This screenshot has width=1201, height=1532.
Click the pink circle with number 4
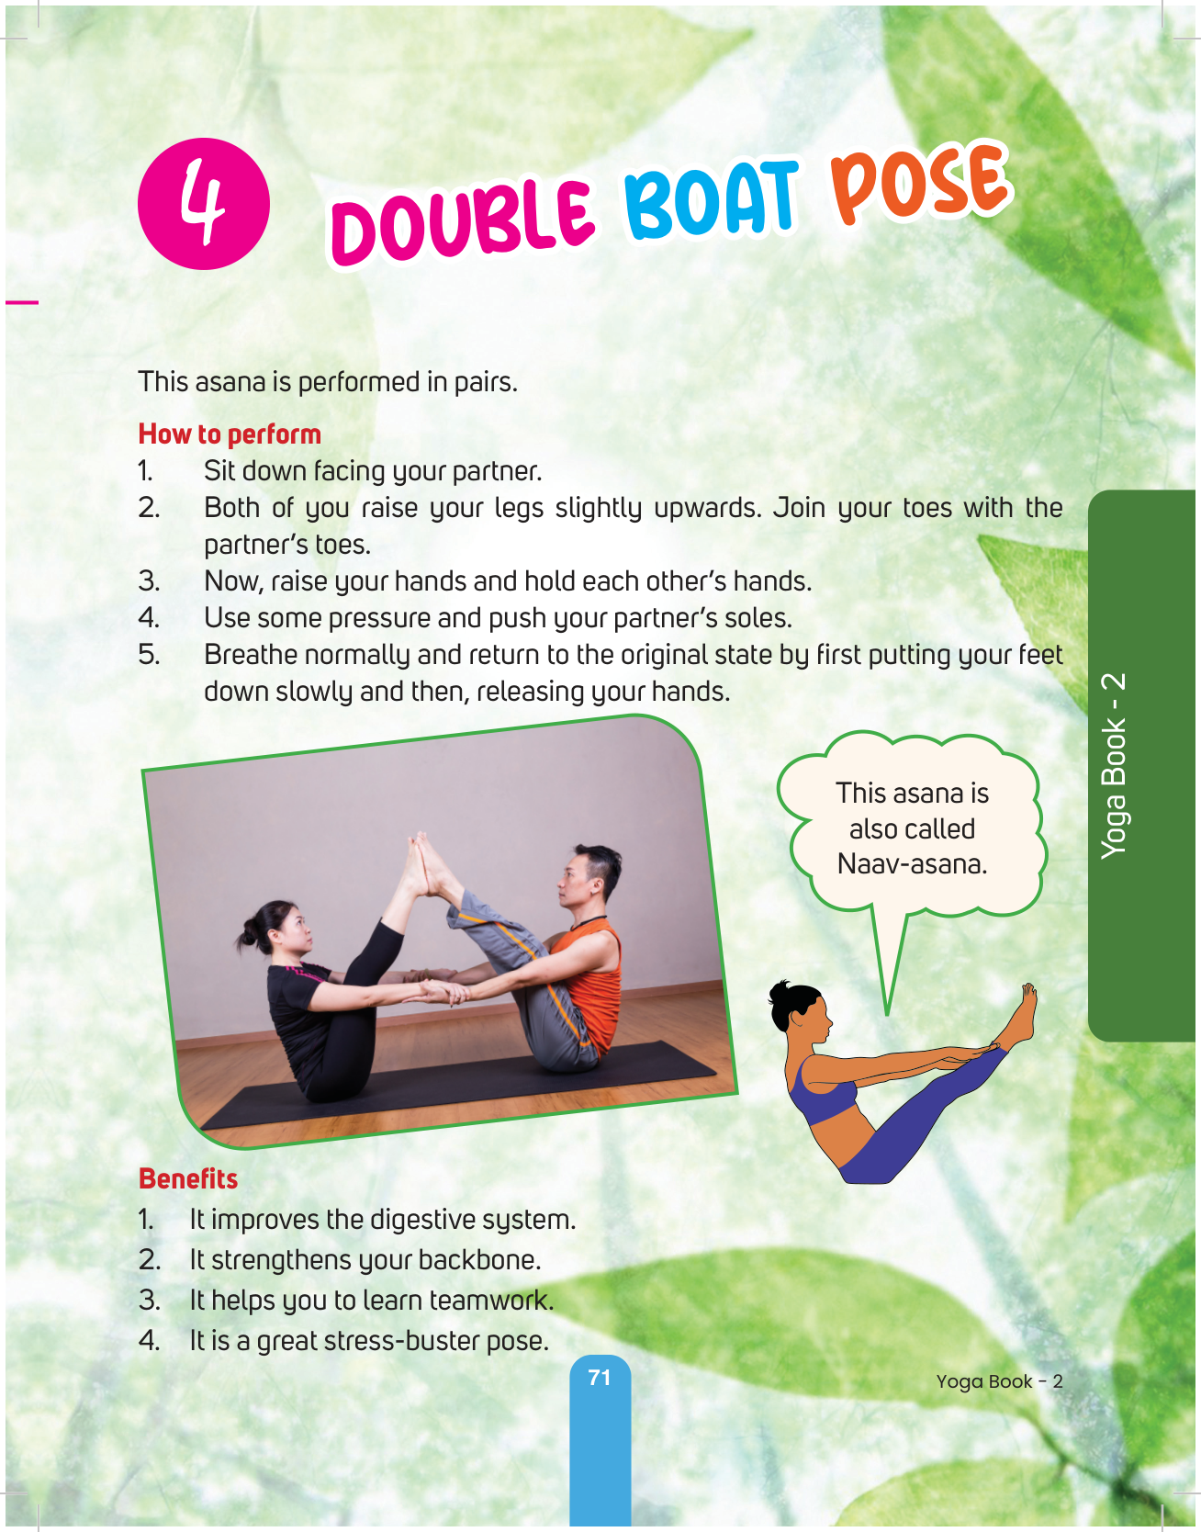[x=204, y=204]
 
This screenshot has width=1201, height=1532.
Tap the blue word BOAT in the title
[x=711, y=199]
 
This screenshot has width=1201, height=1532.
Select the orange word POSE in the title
[x=921, y=185]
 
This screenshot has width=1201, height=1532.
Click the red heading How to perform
[x=230, y=434]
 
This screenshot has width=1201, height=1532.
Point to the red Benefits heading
[x=188, y=1178]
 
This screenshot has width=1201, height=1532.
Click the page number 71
[x=600, y=1378]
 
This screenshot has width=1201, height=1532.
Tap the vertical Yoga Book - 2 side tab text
[x=1114, y=766]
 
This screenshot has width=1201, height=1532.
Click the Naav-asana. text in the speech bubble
[x=912, y=864]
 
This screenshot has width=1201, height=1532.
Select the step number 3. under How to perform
[x=150, y=581]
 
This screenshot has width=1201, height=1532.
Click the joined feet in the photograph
[x=424, y=863]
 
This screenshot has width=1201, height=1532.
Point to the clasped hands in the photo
[x=442, y=990]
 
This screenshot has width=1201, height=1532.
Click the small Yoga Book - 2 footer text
[x=1000, y=1382]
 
